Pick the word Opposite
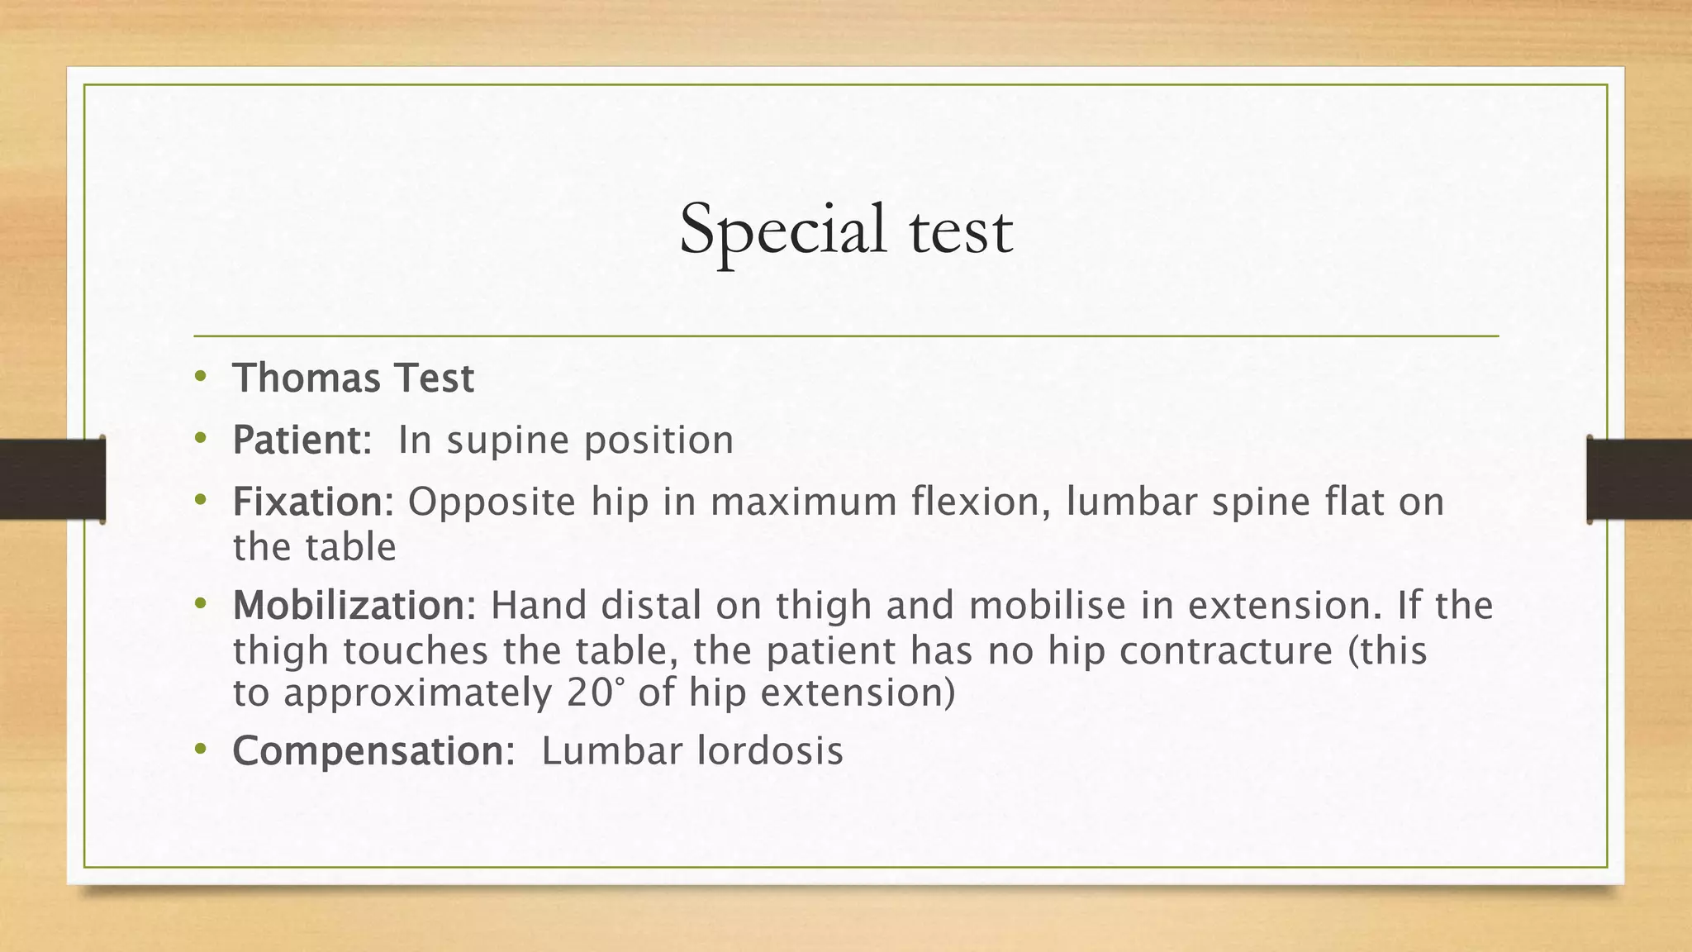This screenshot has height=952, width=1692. click(492, 502)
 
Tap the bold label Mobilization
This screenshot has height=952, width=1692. click(349, 606)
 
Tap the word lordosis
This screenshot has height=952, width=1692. click(769, 750)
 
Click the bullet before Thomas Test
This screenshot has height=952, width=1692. click(199, 378)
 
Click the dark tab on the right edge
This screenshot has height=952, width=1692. click(1639, 479)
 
